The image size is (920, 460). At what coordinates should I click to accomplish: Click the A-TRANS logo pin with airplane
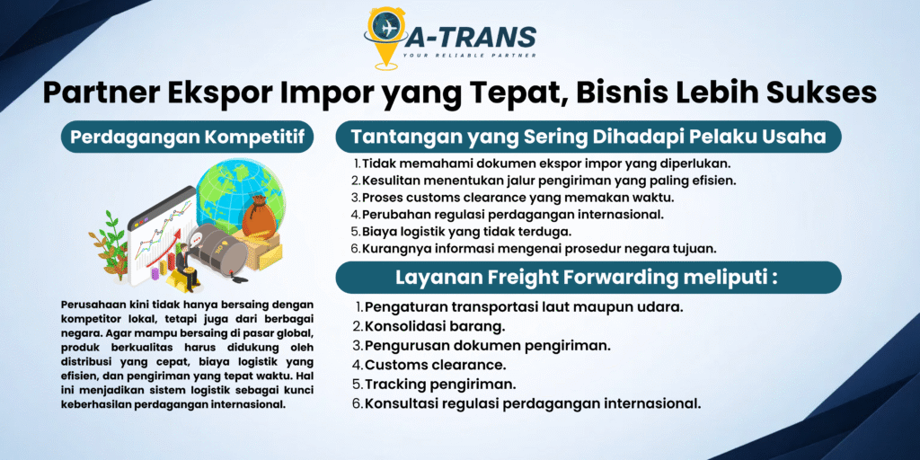pos(385,36)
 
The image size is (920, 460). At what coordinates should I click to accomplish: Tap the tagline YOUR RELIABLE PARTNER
pos(469,55)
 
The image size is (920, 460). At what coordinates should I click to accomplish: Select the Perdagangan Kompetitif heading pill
pos(187,137)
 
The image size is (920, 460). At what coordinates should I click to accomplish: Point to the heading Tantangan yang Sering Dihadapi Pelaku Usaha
pos(588,137)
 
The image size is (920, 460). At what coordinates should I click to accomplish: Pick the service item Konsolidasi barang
pos(429,325)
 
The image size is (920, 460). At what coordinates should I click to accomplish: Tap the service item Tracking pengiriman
pos(434,384)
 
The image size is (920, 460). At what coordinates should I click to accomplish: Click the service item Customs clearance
pos(429,365)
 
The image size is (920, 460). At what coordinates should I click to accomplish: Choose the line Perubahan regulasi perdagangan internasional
pos(508,214)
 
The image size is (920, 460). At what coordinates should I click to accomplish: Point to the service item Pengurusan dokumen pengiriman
pos(482,345)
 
